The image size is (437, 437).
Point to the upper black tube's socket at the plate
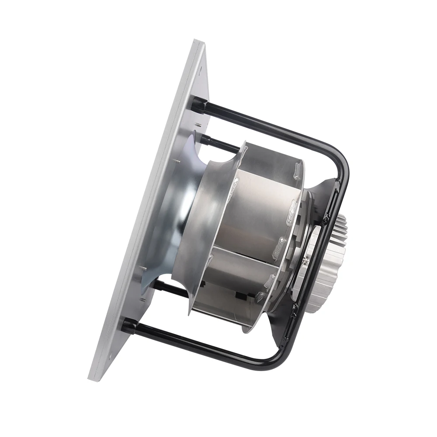(200, 105)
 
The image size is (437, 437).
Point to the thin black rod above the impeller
(218, 142)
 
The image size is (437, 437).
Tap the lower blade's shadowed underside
(227, 302)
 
